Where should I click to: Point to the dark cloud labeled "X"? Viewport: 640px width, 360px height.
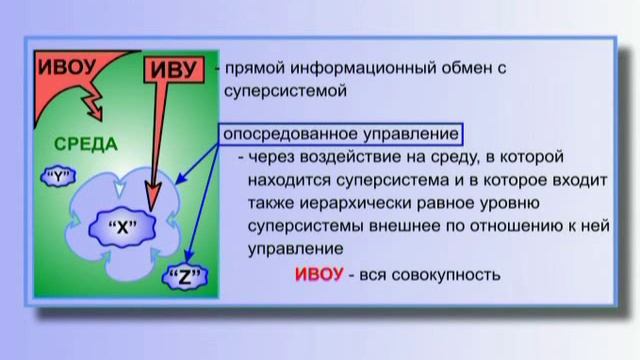[x=120, y=226]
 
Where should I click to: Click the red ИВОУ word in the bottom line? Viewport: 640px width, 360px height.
[x=322, y=275]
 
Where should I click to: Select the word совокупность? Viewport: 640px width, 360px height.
[x=454, y=275]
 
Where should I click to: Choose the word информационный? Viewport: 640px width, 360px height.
[x=363, y=70]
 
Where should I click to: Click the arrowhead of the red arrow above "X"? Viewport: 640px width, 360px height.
[x=152, y=205]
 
